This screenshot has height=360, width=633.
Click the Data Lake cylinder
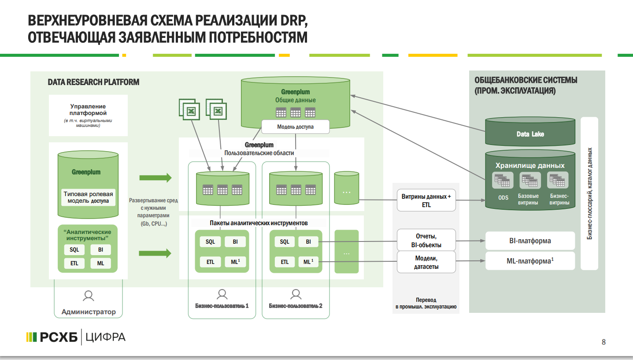(x=530, y=134)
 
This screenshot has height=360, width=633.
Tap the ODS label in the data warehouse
(x=503, y=198)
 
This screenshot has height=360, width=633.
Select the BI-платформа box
(x=530, y=241)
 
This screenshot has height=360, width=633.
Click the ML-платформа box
(x=530, y=261)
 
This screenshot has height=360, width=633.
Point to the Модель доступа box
(x=295, y=127)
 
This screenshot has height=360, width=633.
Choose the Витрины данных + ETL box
(x=426, y=201)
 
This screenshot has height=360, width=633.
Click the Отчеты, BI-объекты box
(x=426, y=241)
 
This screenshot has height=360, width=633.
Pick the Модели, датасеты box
(x=426, y=262)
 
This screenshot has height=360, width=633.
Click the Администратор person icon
(x=89, y=296)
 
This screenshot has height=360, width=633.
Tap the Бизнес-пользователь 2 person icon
(x=296, y=294)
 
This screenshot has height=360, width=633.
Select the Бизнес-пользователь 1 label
(x=222, y=305)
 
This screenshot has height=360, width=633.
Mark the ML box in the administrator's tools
(x=100, y=264)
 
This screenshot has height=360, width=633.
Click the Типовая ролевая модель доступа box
(x=88, y=197)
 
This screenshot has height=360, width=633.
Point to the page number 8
(x=603, y=342)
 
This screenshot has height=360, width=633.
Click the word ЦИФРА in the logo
(x=106, y=338)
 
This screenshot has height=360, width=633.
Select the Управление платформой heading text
(x=88, y=110)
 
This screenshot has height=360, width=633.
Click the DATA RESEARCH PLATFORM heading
(x=93, y=82)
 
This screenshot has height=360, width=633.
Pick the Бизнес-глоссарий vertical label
(x=590, y=193)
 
